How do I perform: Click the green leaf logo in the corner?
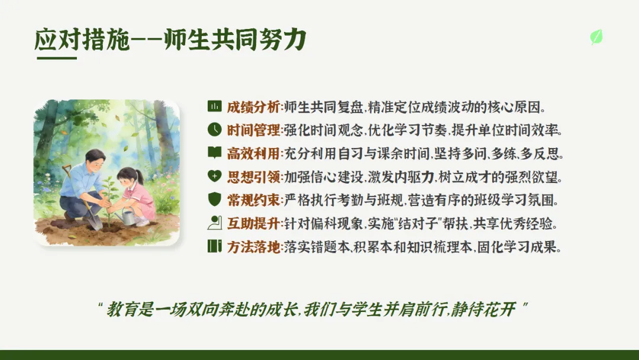tap(596, 37)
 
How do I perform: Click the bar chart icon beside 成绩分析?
tap(214, 106)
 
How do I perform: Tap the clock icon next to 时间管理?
tap(214, 129)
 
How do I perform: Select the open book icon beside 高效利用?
tap(214, 153)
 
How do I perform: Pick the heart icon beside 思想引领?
tap(214, 176)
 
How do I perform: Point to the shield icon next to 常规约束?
tap(214, 200)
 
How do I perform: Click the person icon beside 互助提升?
tap(214, 223)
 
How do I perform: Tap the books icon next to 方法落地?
tap(214, 246)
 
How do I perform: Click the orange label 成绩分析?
tap(253, 107)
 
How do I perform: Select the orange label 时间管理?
tap(253, 130)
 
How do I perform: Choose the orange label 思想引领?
tap(253, 177)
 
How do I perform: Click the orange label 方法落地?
tap(253, 247)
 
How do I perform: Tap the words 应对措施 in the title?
tap(82, 40)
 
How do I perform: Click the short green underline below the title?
tap(57, 58)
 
